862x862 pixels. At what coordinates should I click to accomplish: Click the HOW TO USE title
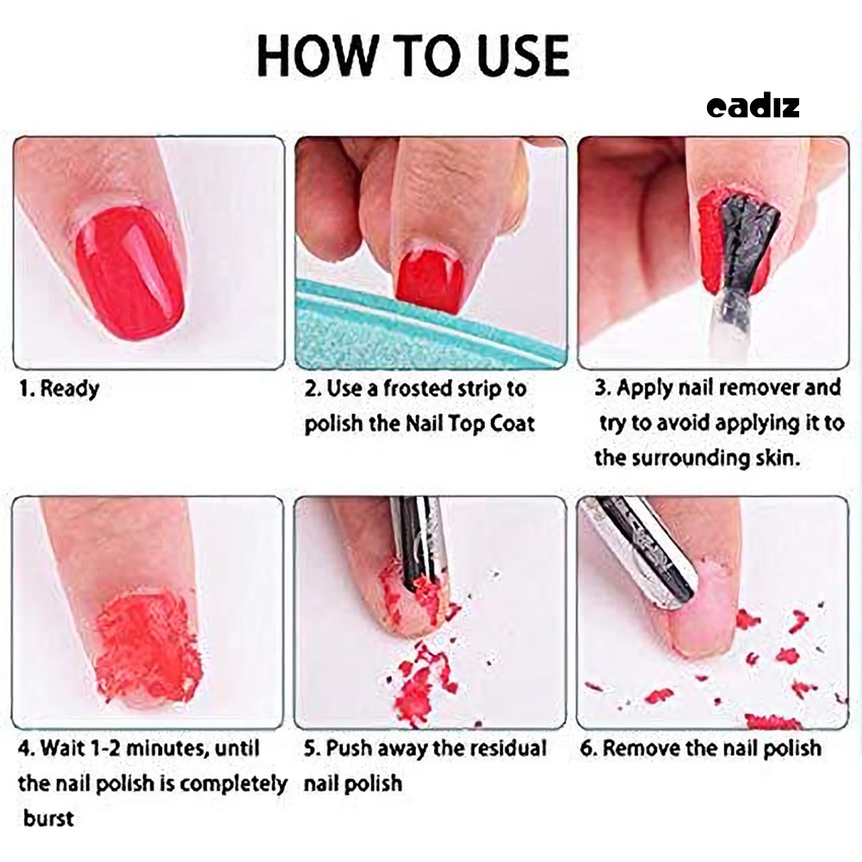[x=413, y=56]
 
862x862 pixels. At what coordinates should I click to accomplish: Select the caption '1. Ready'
[x=59, y=388]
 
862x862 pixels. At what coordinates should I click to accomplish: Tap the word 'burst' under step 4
[x=48, y=817]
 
